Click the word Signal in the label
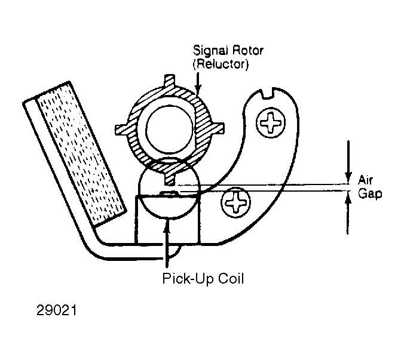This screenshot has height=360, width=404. (x=210, y=51)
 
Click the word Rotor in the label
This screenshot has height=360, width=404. (x=247, y=50)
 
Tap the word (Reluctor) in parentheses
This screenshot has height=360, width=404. (x=221, y=64)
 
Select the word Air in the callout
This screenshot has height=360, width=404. (x=365, y=180)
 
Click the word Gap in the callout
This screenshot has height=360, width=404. (x=370, y=193)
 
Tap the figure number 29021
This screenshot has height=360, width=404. (x=56, y=310)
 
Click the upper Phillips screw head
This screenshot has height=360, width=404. (x=271, y=122)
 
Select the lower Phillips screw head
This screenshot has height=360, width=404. (x=235, y=202)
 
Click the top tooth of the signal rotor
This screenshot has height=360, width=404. (x=170, y=81)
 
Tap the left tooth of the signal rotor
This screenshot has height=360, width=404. (x=121, y=130)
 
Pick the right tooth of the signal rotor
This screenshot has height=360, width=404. (x=218, y=128)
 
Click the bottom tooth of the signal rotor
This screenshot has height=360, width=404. (x=170, y=179)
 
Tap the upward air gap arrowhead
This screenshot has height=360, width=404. (x=348, y=198)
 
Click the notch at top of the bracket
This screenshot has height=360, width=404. (x=267, y=93)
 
